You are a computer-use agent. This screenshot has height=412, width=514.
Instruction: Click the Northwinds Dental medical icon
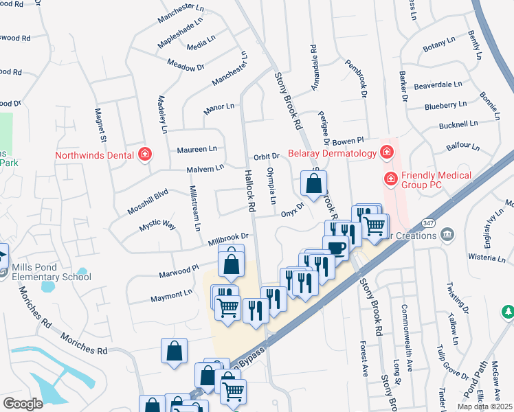pyautogui.click(x=145, y=154)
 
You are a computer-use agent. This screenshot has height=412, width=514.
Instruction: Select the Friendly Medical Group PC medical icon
pyautogui.click(x=390, y=179)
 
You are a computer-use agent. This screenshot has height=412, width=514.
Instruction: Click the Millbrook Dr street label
pyautogui.click(x=227, y=238)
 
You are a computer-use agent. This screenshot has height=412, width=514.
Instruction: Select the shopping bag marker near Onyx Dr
pyautogui.click(x=313, y=185)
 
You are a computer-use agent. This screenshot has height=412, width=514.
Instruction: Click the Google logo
pyautogui.click(x=23, y=403)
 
